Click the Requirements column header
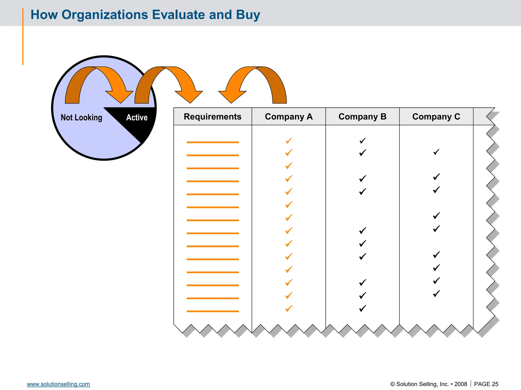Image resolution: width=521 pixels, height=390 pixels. click(x=212, y=117)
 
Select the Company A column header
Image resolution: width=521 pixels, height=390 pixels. click(x=289, y=117)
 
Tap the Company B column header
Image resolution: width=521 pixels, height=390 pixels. click(x=362, y=117)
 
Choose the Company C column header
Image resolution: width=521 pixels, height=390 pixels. click(x=436, y=117)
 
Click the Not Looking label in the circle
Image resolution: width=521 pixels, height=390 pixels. click(x=81, y=118)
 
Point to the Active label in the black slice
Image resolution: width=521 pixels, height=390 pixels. click(x=137, y=118)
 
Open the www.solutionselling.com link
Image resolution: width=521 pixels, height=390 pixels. click(x=58, y=384)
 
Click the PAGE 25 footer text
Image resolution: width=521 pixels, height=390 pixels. click(x=486, y=384)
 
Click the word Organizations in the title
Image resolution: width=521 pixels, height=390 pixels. click(x=105, y=15)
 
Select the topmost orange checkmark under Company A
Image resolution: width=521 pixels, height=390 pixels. click(x=289, y=141)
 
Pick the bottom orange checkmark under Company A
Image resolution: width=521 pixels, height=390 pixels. click(x=289, y=308)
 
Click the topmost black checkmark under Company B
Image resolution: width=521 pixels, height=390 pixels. click(x=363, y=141)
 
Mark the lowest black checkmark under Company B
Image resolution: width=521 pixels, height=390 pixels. click(x=363, y=308)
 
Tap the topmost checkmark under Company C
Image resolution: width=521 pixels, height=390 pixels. click(x=436, y=152)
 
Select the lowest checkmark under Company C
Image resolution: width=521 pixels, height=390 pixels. click(x=436, y=294)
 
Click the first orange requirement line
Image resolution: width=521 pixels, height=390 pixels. click(x=212, y=142)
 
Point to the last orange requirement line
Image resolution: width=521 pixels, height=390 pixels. click(x=212, y=311)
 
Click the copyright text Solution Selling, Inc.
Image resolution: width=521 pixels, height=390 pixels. click(x=422, y=384)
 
